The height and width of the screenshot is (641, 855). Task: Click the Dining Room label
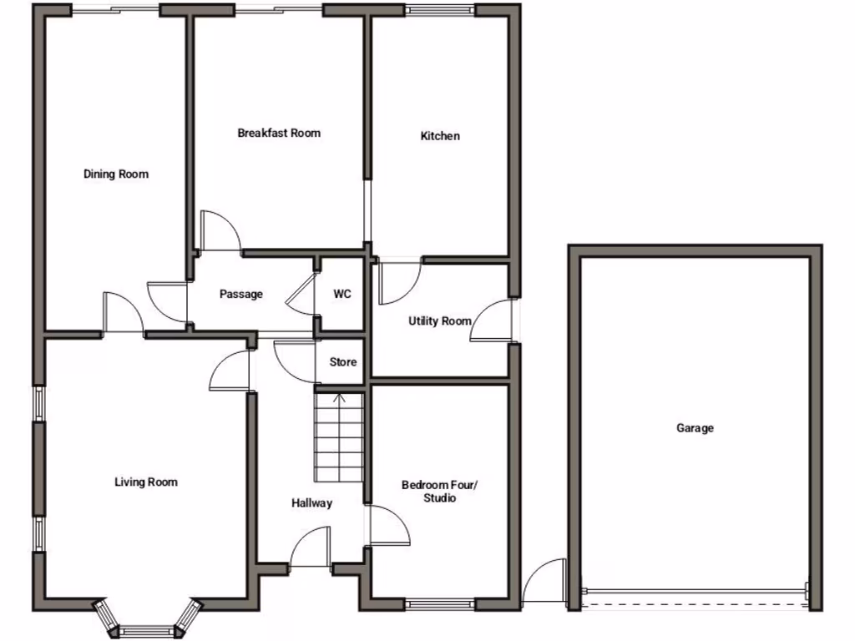coord(116,174)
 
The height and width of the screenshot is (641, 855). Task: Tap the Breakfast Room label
coord(279,134)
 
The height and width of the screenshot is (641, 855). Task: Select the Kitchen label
coord(440,136)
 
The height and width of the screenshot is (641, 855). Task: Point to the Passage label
coord(241,295)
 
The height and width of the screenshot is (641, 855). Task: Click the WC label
coord(342,295)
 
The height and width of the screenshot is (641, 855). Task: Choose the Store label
coord(342,362)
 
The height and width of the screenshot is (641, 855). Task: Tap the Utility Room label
coord(439,321)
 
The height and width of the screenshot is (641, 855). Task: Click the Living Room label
coord(146,482)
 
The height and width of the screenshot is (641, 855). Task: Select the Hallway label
coord(311,503)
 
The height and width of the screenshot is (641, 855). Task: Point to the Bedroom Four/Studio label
coord(439,492)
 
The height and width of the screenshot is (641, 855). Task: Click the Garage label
coord(695,428)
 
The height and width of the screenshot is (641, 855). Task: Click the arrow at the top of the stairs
coord(340,397)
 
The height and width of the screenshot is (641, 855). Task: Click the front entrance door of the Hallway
coord(311,551)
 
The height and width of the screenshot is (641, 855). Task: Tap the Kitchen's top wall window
coord(441,10)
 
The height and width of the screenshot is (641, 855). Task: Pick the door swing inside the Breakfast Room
coord(219,233)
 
